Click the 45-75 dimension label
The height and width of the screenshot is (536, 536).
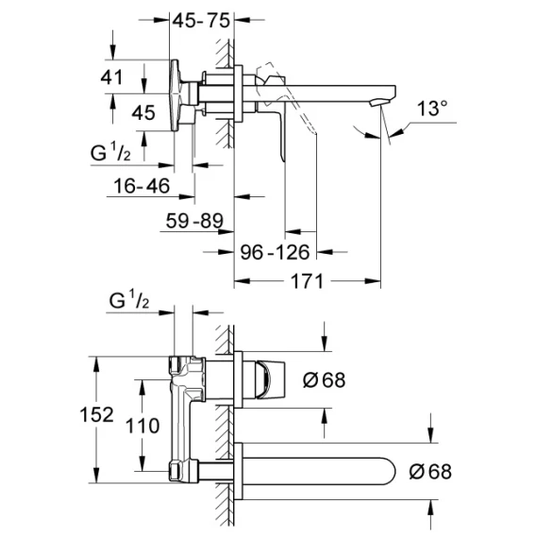[201, 21]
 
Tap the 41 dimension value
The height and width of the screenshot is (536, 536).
[111, 77]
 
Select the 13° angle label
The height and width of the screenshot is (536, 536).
[432, 109]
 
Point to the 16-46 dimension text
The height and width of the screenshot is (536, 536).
[142, 186]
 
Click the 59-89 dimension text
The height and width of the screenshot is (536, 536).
[194, 221]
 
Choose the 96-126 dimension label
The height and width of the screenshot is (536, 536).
[275, 252]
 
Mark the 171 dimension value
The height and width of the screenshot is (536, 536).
[307, 281]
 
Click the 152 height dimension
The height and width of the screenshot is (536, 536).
[96, 414]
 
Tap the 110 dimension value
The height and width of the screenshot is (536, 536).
[142, 426]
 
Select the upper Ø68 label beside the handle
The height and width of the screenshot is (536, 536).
[324, 379]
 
